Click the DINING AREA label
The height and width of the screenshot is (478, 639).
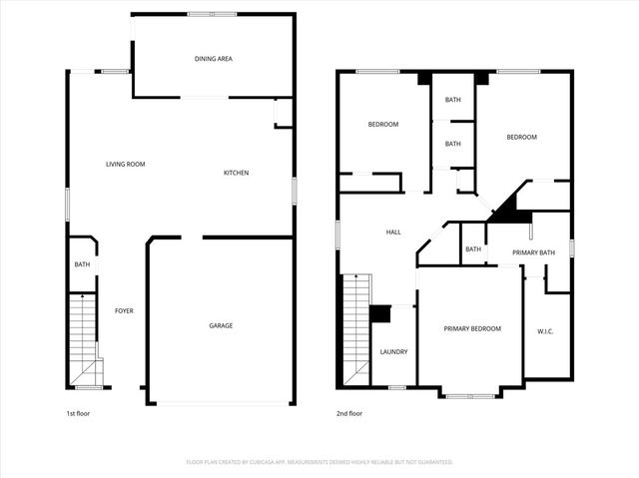click(213, 59)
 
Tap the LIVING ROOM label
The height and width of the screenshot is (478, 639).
click(126, 164)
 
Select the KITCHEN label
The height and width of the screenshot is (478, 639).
click(236, 173)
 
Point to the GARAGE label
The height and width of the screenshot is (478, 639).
click(221, 325)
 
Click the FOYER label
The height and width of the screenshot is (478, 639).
click(124, 310)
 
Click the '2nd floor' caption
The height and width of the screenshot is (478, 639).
click(349, 413)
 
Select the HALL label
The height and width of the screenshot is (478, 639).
click(393, 233)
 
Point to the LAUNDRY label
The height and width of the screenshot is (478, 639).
click(393, 351)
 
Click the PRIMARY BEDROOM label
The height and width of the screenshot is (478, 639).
click(472, 328)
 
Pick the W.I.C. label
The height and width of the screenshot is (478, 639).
click(545, 330)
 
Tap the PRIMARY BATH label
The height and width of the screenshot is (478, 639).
click(533, 252)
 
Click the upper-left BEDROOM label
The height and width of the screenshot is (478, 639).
click(382, 124)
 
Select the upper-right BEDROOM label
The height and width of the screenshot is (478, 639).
click(521, 137)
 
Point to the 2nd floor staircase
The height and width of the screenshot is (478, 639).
click(356, 329)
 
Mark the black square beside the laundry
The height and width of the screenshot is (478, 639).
click(379, 313)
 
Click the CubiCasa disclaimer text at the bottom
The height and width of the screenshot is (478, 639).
click(319, 462)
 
